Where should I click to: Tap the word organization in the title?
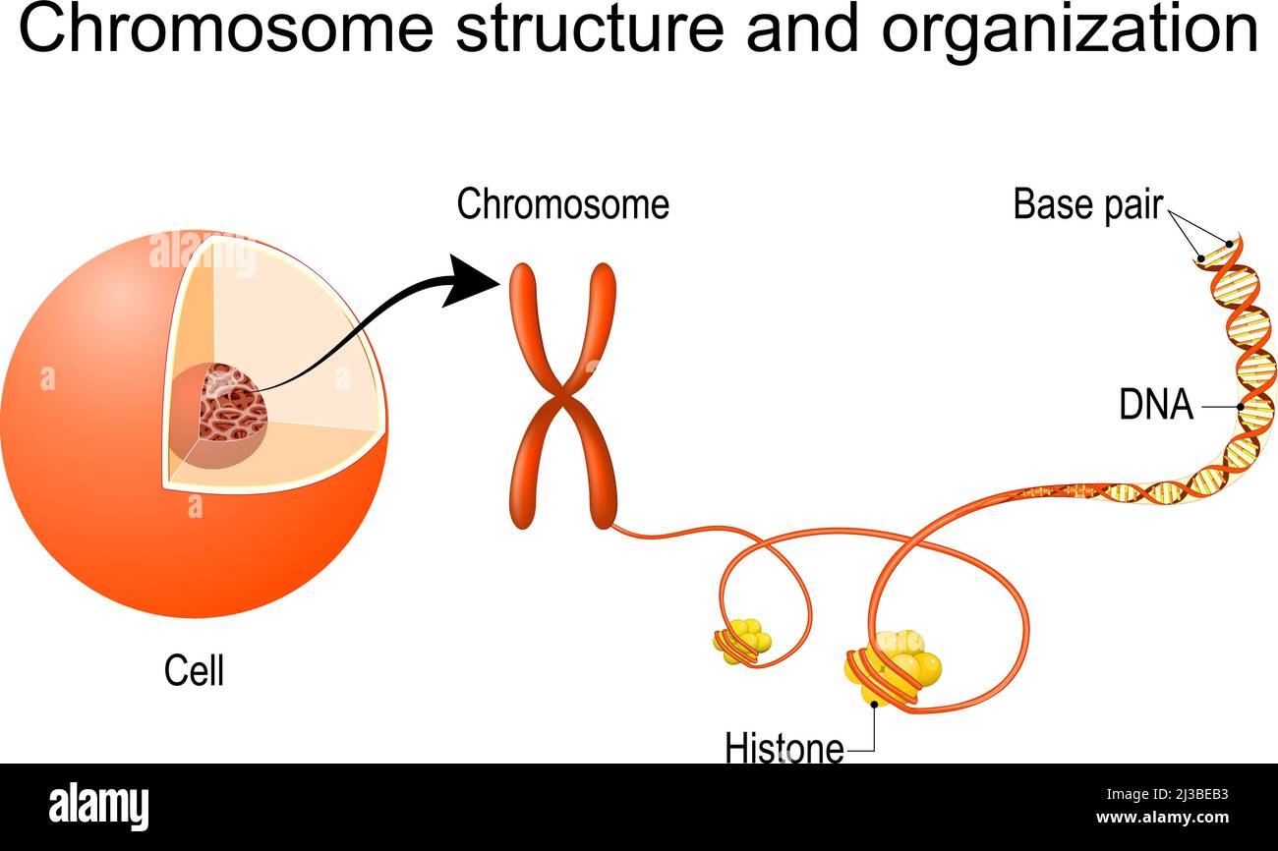1069,29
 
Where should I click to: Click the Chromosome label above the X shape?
562,204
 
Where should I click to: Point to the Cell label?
194,671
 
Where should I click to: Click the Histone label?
784,748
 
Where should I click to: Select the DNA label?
1156,405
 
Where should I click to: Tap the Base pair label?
1087,204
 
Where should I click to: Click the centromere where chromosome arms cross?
563,398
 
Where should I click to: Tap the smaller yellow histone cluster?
743,641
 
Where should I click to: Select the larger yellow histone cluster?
895,668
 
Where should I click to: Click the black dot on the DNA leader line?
1241,406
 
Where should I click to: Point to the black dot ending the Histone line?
873,705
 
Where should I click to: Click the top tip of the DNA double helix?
1237,238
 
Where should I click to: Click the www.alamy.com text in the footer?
1162,818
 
